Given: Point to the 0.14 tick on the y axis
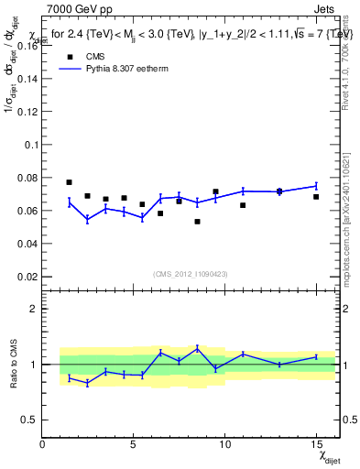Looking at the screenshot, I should click(28, 79).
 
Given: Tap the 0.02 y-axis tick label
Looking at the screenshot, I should click(28, 277).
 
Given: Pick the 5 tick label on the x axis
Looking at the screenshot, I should click(134, 445).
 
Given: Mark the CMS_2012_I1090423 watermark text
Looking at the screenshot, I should click(191, 274).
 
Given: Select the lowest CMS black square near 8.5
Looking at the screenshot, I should click(197, 222).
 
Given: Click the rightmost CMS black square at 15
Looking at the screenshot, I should click(316, 197).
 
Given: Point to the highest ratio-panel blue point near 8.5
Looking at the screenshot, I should click(197, 348).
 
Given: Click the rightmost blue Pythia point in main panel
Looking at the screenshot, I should click(316, 186).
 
